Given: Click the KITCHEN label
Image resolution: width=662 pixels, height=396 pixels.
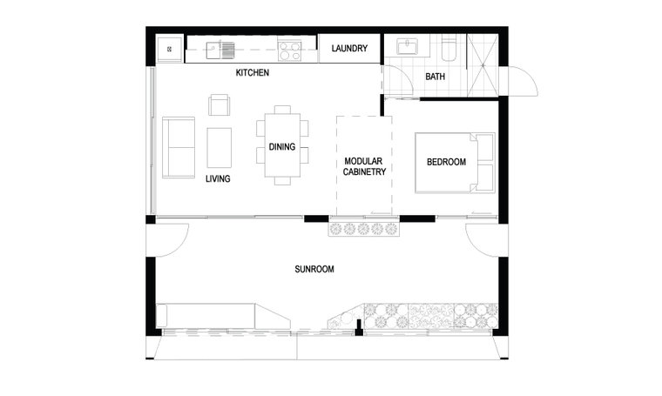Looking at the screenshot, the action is (x=252, y=72).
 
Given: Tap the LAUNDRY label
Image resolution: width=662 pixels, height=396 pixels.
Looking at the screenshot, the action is (x=349, y=49).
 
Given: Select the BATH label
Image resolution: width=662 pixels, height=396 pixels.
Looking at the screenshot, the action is (x=435, y=77).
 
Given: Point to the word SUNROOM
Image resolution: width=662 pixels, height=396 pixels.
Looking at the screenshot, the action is (x=314, y=269).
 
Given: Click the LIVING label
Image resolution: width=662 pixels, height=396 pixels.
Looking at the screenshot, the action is (x=218, y=178).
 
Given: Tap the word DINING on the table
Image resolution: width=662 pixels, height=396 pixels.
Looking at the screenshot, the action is (x=282, y=147).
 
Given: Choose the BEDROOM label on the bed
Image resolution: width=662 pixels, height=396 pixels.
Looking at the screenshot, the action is (x=446, y=162).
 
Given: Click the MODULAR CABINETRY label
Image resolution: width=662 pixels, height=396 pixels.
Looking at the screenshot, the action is (x=364, y=166).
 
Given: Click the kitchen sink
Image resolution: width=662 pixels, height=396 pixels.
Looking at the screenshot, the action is (x=220, y=50).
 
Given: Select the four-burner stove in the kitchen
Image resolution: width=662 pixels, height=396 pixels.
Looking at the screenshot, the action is (x=289, y=51).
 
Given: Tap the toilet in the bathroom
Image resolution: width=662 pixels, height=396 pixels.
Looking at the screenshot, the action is (x=449, y=49).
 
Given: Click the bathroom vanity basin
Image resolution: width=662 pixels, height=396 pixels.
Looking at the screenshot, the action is (x=407, y=46).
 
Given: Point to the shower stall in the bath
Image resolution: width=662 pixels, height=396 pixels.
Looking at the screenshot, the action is (x=483, y=66).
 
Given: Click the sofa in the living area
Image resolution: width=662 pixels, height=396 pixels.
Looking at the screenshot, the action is (x=179, y=147).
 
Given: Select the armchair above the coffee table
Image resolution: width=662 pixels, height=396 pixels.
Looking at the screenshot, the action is (x=220, y=104).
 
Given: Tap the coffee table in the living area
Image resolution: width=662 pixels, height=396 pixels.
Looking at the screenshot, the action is (x=220, y=148).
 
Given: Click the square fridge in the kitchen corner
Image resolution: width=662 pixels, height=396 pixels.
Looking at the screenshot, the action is (x=170, y=50).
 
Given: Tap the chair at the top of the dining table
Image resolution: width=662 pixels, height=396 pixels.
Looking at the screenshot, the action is (x=282, y=110).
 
